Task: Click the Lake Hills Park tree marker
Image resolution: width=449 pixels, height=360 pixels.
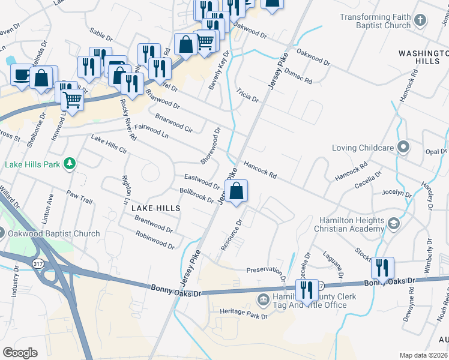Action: tap(70, 163)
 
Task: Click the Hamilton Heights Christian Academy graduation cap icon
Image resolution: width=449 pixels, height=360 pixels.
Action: tap(394, 224)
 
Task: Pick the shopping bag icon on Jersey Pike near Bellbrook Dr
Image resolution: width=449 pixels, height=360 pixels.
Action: tap(238, 191)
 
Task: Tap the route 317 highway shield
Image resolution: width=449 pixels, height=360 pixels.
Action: tap(37, 264)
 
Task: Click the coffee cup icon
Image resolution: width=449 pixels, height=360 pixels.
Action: tap(22, 76)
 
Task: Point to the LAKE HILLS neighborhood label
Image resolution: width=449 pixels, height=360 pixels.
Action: tap(156, 208)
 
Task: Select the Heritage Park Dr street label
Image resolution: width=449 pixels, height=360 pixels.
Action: tap(243, 313)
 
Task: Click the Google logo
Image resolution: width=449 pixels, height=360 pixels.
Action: tap(20, 353)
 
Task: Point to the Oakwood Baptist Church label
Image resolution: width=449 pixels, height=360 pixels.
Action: tap(55, 234)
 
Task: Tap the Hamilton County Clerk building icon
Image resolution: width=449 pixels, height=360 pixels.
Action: tap(263, 299)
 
